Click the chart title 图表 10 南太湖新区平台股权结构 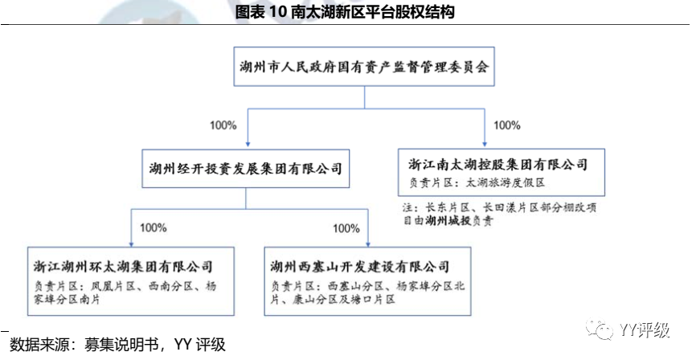(x=346, y=12)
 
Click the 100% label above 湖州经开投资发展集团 (x=223, y=125)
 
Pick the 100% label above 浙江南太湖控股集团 (x=506, y=125)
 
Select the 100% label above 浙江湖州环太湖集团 (x=154, y=228)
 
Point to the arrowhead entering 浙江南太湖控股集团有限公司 (x=484, y=145)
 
